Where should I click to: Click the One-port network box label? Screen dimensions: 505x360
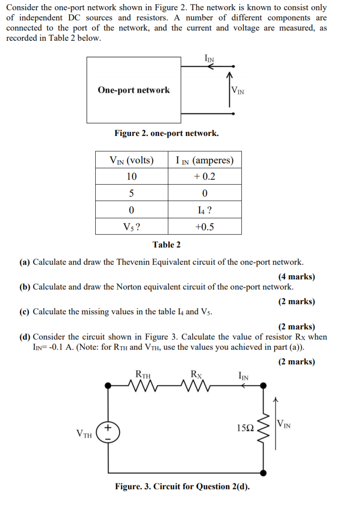point(133,90)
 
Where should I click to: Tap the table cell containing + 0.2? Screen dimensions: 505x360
point(204,176)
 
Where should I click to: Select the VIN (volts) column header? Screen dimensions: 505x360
point(132,160)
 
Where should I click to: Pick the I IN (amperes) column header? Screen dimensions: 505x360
point(204,160)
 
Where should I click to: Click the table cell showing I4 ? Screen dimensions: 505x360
point(204,210)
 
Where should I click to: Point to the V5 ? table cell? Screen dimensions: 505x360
point(132,227)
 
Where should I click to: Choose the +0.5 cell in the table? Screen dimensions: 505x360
point(204,227)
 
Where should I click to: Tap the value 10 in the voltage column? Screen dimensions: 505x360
point(132,176)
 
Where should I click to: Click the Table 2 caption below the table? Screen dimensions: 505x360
point(166,244)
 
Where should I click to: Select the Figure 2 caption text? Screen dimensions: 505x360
point(166,133)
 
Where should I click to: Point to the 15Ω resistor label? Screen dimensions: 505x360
point(245,428)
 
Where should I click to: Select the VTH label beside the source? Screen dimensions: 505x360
point(84,433)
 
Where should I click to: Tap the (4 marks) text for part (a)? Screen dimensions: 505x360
point(296,277)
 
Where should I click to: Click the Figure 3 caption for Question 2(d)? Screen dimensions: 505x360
point(182,486)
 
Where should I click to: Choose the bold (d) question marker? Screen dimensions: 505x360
point(25,337)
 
